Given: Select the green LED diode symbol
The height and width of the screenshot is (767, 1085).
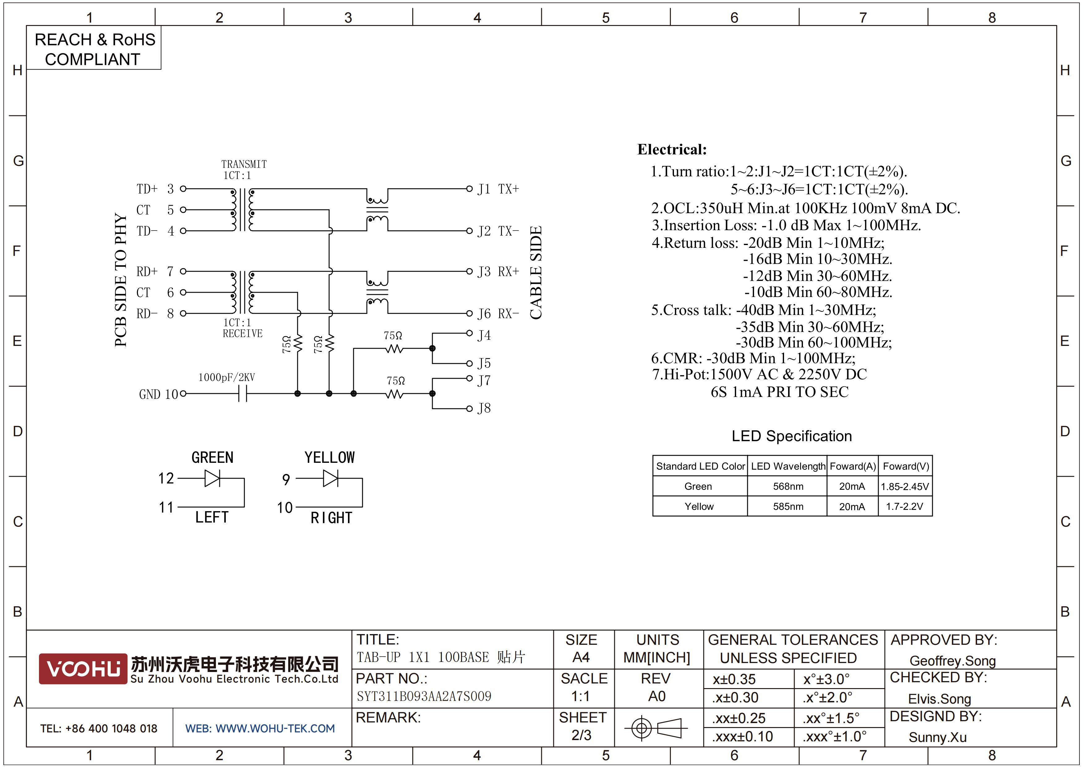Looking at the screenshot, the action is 213,478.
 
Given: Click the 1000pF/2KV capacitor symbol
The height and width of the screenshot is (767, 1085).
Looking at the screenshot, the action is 242,393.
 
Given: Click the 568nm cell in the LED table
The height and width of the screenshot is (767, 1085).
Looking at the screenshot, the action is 788,486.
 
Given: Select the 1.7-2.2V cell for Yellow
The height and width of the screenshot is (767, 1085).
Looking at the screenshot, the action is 904,506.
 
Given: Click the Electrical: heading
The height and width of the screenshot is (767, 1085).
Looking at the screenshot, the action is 672,149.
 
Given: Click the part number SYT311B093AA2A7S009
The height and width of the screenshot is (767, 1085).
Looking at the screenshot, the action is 424,696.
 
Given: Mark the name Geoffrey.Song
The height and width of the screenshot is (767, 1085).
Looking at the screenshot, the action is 953,661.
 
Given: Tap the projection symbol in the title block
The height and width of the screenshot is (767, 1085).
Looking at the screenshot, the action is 656,728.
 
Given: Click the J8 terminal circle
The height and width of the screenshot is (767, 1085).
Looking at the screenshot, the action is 469,409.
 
